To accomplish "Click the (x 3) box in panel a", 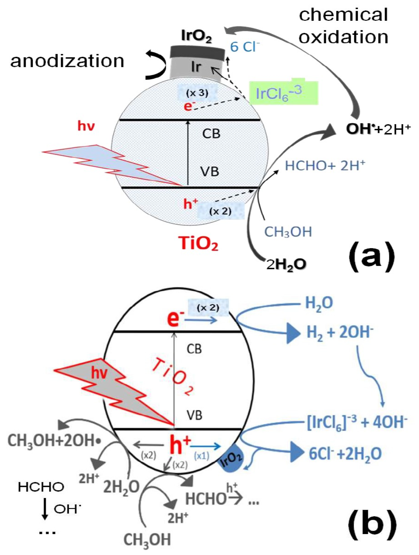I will [x=197, y=93].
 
